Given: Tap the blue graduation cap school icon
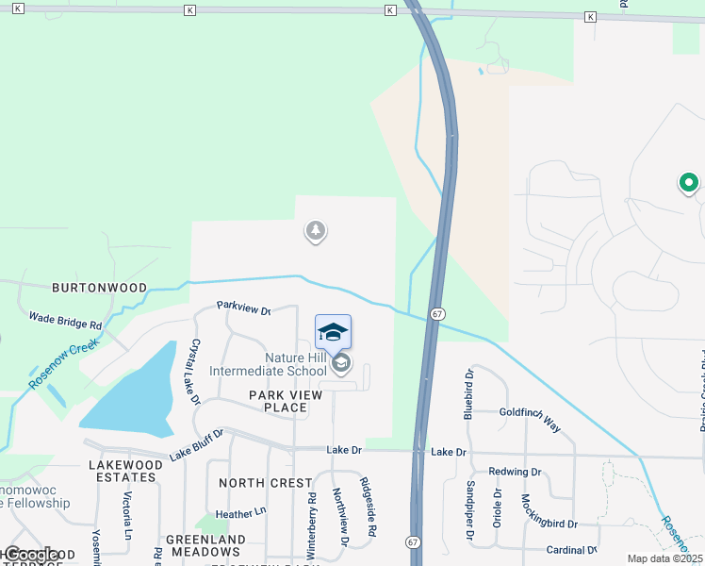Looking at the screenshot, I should (x=332, y=331).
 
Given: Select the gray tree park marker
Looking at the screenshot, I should (x=315, y=230).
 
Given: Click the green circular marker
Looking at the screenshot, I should (x=688, y=183).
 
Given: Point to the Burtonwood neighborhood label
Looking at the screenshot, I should (x=99, y=287).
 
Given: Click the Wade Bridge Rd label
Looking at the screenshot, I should (x=65, y=321).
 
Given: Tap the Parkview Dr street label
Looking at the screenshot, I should (x=243, y=308).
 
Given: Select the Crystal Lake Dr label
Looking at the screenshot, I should (x=196, y=372).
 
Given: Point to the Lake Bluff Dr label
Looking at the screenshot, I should (x=196, y=445).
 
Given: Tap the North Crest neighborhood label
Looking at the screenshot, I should (x=266, y=482).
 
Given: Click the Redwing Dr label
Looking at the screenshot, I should (x=515, y=472).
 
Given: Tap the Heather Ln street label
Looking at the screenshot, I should (x=241, y=514).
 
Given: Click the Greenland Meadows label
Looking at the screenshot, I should (x=205, y=545).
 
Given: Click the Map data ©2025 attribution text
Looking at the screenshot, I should (x=664, y=558).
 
